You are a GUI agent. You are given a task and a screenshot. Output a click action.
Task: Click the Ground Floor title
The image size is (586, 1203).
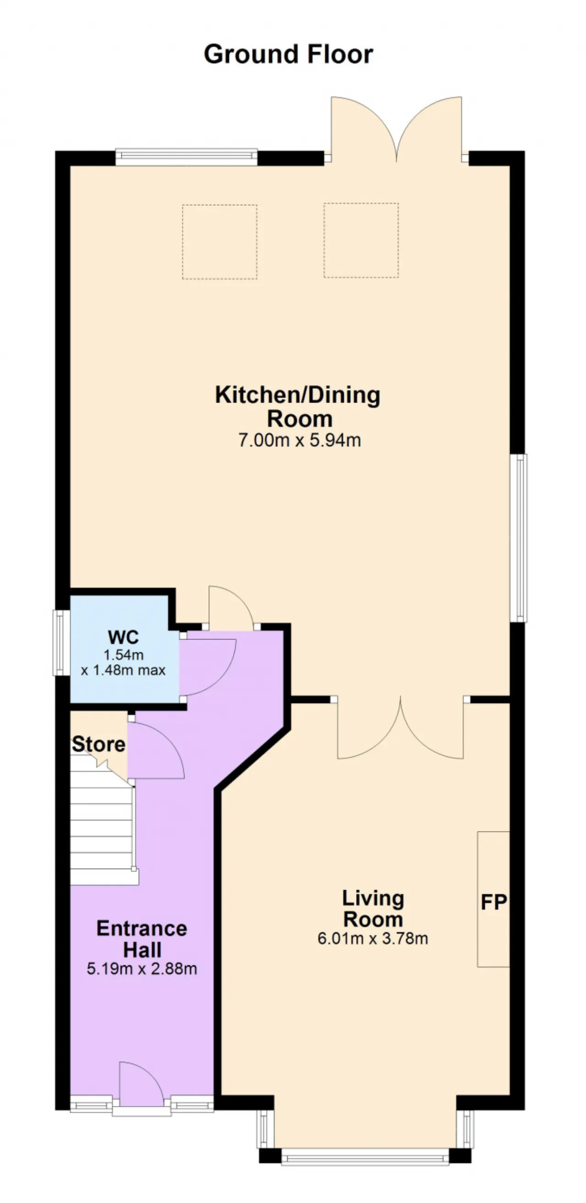pyautogui.click(x=288, y=54)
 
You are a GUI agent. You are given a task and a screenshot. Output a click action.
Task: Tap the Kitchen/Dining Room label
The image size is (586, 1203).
pyautogui.click(x=298, y=406)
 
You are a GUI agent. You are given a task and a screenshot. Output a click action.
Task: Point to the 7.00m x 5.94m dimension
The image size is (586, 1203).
pyautogui.click(x=299, y=440)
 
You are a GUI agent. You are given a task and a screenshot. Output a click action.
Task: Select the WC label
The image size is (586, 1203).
pyautogui.click(x=123, y=636)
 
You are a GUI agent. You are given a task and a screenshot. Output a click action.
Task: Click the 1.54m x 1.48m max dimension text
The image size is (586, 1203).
pyautogui.click(x=123, y=663)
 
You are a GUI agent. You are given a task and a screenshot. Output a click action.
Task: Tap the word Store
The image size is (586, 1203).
pyautogui.click(x=99, y=744)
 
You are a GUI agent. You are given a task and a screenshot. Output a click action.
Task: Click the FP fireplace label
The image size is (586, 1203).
pyautogui.click(x=494, y=902)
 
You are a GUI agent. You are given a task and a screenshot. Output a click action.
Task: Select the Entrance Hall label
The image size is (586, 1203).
pyautogui.click(x=142, y=939)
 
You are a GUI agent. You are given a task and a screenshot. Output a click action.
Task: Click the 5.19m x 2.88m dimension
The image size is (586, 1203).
pyautogui.click(x=142, y=968)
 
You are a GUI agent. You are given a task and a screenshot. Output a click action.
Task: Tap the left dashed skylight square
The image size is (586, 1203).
pyautogui.click(x=220, y=242)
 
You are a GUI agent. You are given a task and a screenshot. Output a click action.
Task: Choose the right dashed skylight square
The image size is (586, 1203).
pyautogui.click(x=361, y=241)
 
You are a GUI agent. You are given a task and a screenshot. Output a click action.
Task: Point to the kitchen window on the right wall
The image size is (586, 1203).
pyautogui.click(x=518, y=538)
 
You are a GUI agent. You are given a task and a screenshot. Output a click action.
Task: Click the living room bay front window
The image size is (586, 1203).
pyautogui.click(x=365, y=1156)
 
